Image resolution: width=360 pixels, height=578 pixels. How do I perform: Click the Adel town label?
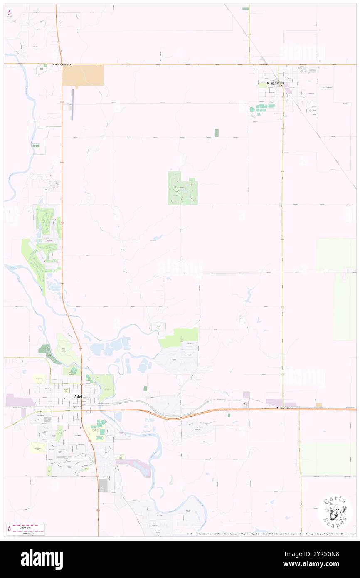coord(77,396)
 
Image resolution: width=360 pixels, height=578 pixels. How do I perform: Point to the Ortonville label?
coord(285,408)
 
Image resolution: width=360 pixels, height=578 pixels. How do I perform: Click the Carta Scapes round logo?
coord(335,512)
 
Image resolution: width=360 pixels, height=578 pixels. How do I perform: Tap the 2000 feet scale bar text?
coord(28,525)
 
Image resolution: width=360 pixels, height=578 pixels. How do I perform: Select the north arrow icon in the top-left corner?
coord(9,13)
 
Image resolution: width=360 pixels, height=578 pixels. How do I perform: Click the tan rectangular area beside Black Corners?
coord(83,76)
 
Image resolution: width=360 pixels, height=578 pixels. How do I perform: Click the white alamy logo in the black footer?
coord(42,559)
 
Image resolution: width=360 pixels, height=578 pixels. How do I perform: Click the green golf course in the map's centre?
coord(182,188)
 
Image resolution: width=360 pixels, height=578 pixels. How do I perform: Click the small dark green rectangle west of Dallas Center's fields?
coord(217,133)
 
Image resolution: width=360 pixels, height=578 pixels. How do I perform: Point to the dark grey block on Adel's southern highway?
coord(102,484)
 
